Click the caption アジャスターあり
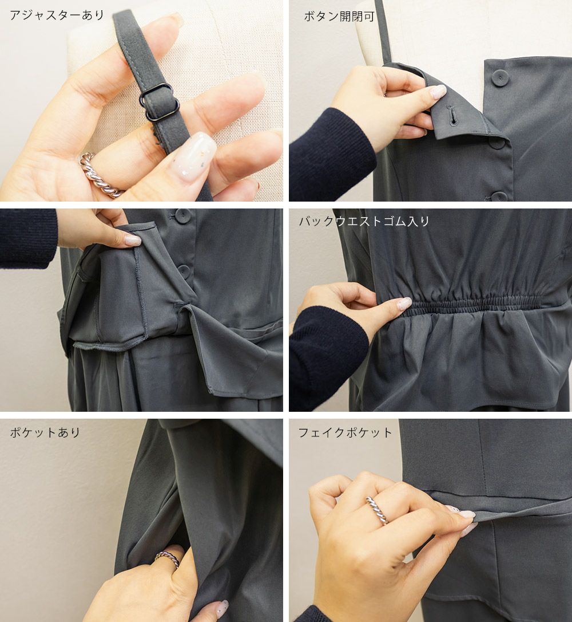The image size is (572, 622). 57,15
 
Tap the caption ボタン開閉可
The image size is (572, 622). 339,16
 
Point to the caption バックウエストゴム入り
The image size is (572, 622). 364,221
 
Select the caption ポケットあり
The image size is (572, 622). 45,432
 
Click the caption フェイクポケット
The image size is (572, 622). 345,432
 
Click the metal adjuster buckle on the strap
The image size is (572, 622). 159,102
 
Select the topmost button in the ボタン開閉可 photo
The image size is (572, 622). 500,78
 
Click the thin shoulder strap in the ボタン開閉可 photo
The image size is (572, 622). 383,32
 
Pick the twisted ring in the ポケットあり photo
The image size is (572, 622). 167,558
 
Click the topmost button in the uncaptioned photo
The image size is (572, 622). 182,216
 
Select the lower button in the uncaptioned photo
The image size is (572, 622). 184,271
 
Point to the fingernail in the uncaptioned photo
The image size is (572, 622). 133,240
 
